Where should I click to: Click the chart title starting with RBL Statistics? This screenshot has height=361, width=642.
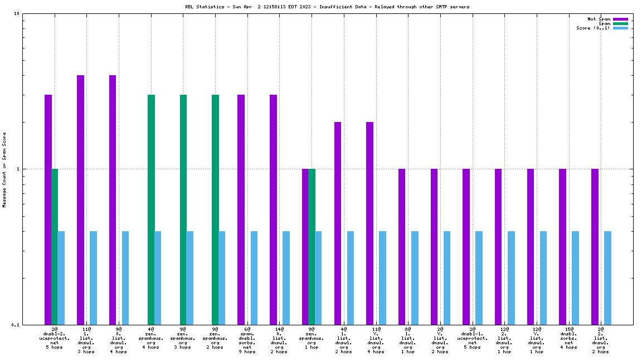tap(327, 7)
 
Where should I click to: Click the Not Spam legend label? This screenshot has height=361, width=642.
tap(599, 19)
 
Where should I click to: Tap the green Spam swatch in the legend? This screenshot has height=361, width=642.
tap(620, 23)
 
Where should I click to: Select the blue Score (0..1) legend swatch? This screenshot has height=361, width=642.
tap(620, 28)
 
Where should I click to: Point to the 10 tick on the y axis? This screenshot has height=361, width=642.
tap(17, 13)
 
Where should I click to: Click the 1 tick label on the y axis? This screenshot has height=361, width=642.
tap(18, 169)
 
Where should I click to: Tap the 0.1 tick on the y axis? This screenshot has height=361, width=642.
tap(16, 324)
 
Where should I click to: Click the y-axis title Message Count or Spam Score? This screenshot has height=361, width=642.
tap(4, 169)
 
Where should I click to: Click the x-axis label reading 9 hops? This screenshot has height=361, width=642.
tap(247, 352)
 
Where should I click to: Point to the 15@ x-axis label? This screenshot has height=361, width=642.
tap(568, 329)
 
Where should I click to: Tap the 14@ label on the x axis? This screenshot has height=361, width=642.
tap(279, 329)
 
